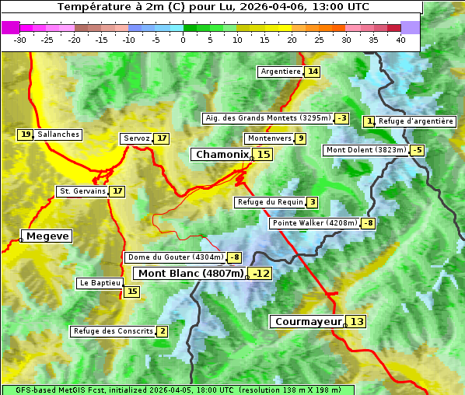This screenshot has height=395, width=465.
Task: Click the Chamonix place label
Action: (x=222, y=155)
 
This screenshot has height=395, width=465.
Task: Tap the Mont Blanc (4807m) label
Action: (x=191, y=274)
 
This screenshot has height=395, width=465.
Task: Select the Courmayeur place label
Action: (x=309, y=321)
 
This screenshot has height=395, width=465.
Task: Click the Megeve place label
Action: (x=47, y=236)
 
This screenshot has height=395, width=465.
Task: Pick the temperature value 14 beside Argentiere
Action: (x=313, y=72)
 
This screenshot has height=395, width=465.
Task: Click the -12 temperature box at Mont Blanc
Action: (x=260, y=274)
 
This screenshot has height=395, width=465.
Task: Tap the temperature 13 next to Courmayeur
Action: (x=356, y=321)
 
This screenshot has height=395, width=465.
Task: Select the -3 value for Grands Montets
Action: (x=341, y=118)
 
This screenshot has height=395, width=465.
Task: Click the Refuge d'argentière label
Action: (x=415, y=121)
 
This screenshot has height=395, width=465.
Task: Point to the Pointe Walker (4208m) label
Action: (x=314, y=223)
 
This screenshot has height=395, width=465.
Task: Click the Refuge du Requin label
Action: (x=270, y=202)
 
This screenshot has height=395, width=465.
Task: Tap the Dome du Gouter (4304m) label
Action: (x=175, y=257)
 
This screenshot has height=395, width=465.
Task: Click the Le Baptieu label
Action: (x=99, y=283)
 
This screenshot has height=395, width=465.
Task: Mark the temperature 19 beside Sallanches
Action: (x=26, y=135)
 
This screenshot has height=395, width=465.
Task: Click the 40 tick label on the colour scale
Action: (x=400, y=40)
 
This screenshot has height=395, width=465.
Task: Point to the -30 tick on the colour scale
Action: (x=20, y=40)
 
